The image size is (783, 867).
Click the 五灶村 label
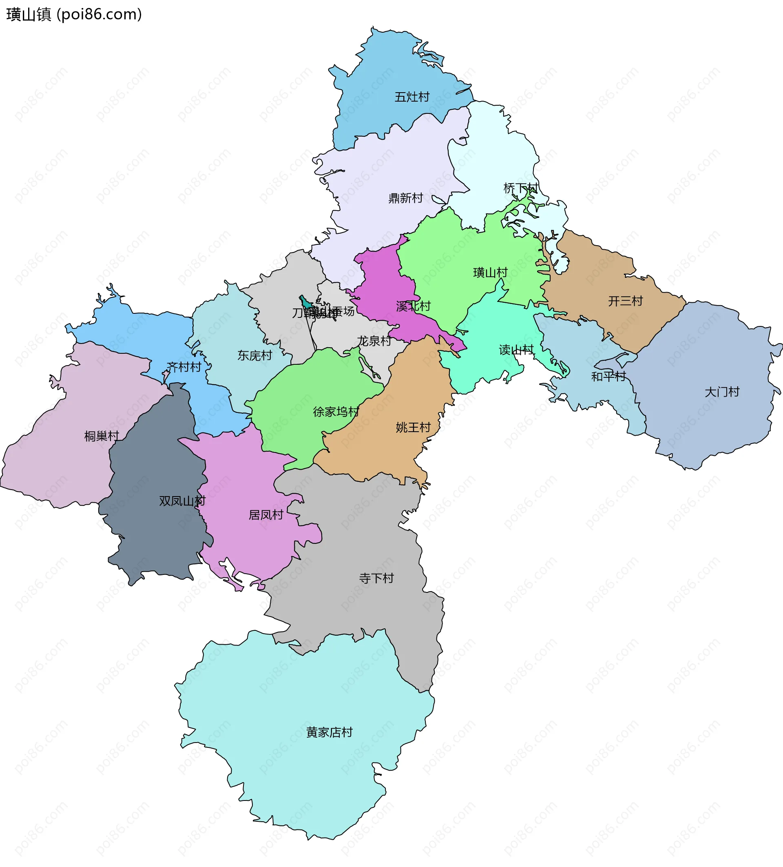coord(412,97)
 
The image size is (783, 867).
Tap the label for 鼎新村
coord(405,198)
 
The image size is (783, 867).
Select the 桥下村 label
coord(520,188)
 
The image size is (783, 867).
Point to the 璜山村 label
coord(490,272)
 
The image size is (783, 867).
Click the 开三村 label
coord(625,301)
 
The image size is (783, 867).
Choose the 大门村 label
coord(721,392)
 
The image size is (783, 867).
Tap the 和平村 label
coord(608,376)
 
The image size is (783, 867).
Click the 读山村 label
coord(516,350)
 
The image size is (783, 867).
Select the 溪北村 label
coord(413,306)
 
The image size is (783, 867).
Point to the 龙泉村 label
coord(374,341)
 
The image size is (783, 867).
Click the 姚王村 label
coord(413,427)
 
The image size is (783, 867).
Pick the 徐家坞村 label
coord(336,412)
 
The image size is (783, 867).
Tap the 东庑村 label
coord(254,355)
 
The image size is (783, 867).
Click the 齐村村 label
coord(184,367)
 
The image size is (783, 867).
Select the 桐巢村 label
coord(102,436)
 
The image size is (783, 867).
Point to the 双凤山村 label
coord(182,501)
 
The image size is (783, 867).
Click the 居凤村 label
coord(265,515)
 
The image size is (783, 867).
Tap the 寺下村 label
coord(376,578)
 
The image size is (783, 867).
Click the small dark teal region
coord(306,303)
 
